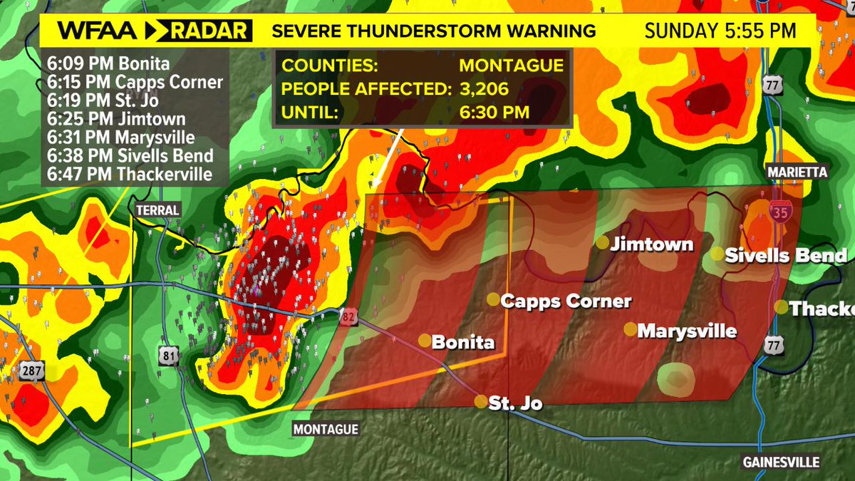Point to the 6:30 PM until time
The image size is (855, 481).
[x=494, y=113]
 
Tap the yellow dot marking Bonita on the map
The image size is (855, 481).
[x=424, y=341]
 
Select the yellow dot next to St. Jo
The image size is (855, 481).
[x=481, y=401]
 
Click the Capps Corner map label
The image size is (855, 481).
[x=566, y=301]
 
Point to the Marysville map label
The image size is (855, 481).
[x=687, y=331]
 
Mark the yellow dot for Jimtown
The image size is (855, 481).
[x=602, y=243]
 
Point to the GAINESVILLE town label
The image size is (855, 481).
[x=781, y=461]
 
